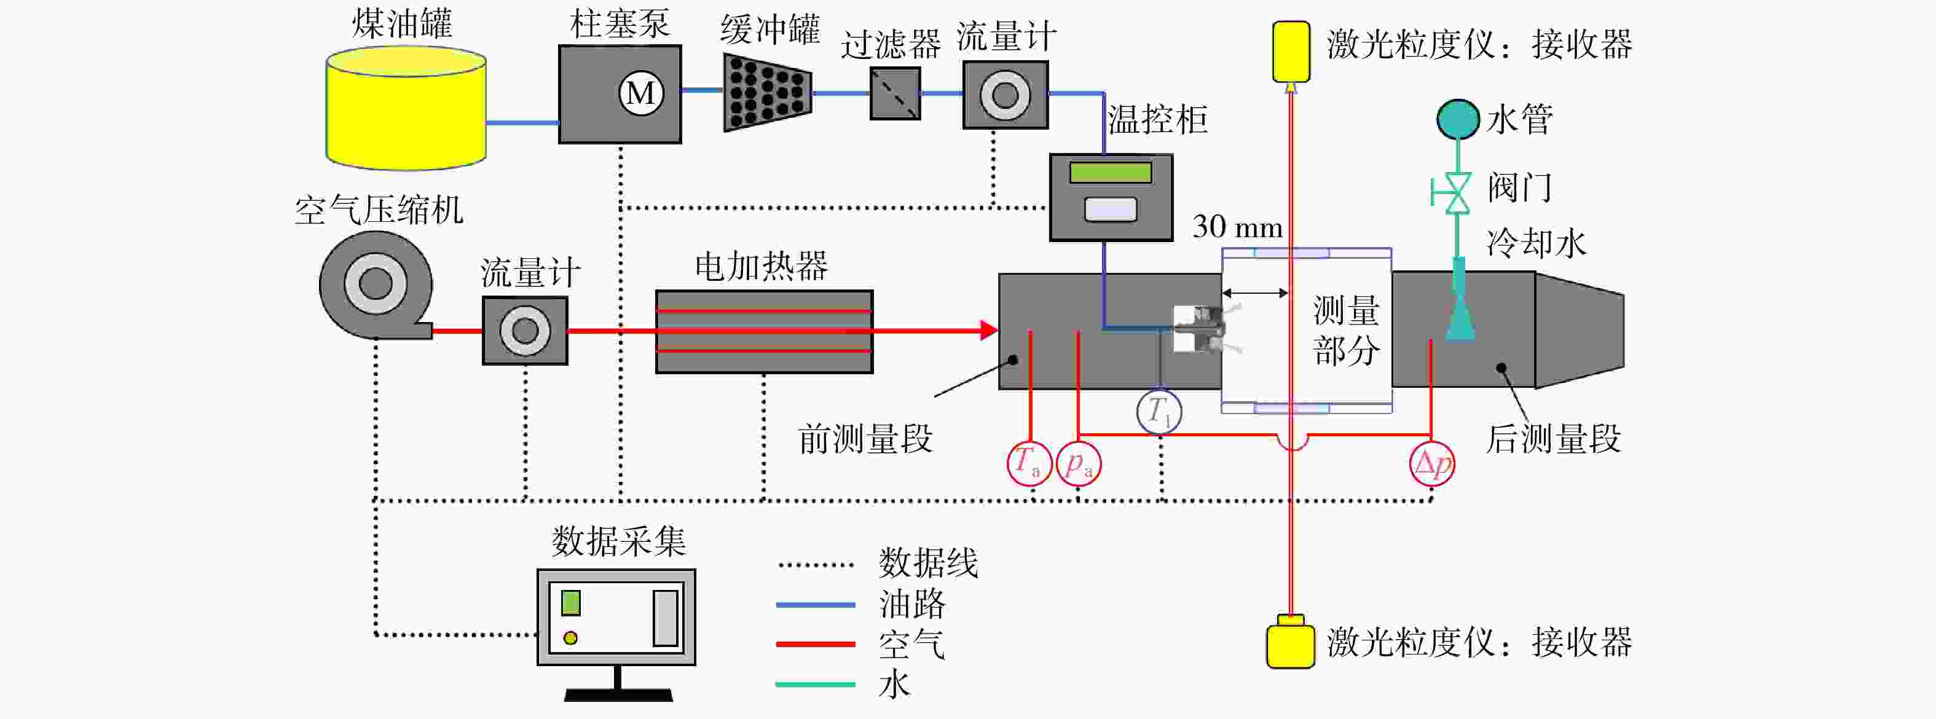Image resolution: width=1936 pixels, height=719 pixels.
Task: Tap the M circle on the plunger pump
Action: (640, 93)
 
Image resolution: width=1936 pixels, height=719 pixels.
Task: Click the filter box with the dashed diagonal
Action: (895, 94)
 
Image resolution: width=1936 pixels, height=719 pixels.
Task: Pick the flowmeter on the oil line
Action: (1005, 95)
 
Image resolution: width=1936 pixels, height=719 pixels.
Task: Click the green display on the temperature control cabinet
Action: (1111, 172)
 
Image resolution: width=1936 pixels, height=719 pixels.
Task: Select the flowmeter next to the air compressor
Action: (525, 331)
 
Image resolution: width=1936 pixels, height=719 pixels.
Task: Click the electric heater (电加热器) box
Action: (765, 331)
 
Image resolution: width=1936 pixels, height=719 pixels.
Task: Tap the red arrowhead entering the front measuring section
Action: (989, 330)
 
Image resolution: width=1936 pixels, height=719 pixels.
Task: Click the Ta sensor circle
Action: (1029, 463)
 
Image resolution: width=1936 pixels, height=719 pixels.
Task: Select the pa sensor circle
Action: (1079, 463)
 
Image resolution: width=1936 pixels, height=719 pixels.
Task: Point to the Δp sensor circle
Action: (1431, 463)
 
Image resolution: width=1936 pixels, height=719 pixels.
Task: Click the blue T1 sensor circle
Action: (1159, 412)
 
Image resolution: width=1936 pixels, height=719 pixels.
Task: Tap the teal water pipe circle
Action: (1458, 119)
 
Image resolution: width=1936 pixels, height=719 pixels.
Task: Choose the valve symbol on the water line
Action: (1454, 193)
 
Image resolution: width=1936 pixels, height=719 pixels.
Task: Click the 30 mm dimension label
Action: (1237, 227)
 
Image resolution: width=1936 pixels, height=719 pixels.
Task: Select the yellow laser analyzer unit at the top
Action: (1291, 51)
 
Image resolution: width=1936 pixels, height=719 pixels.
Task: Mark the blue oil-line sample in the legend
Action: (816, 604)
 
